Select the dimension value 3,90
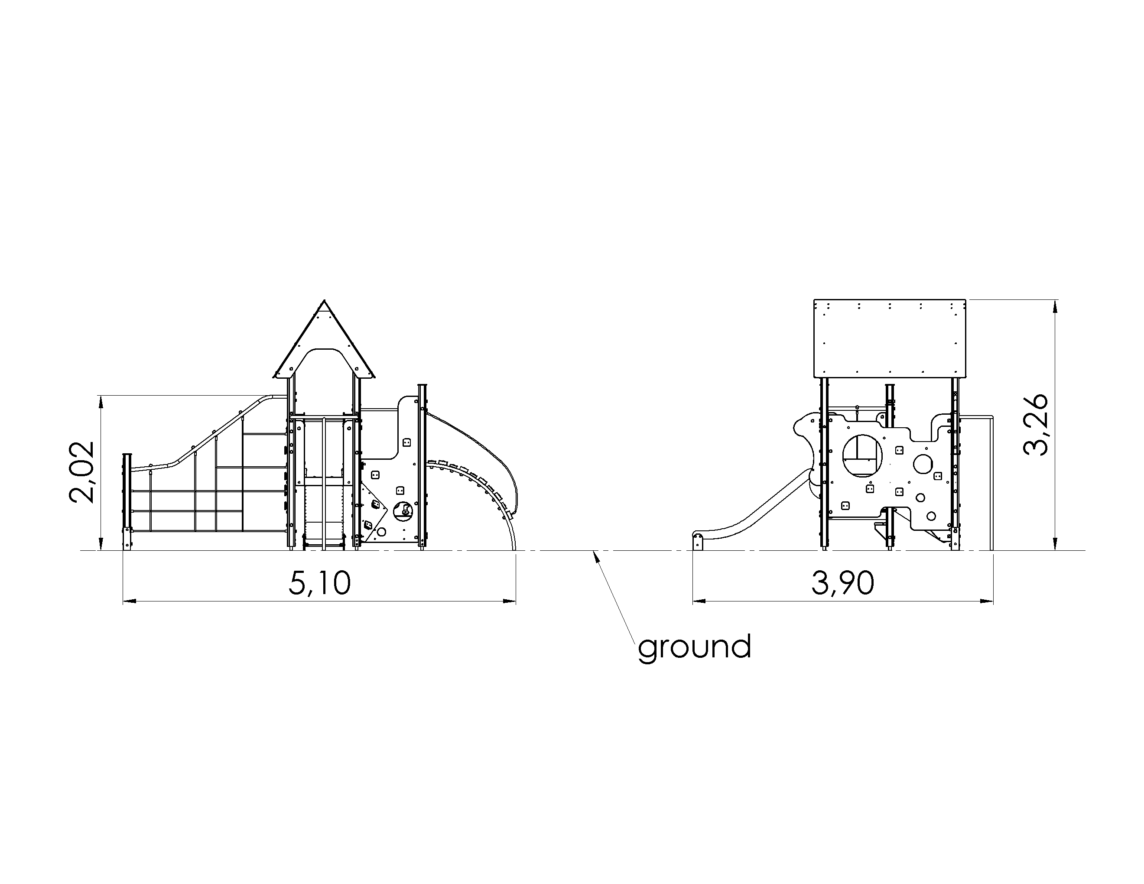coord(843,583)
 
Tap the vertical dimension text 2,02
coord(82,472)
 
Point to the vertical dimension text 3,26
coord(1036,425)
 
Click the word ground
coord(695,647)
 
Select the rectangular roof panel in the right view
coord(890,338)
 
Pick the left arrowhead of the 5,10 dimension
coord(130,601)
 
